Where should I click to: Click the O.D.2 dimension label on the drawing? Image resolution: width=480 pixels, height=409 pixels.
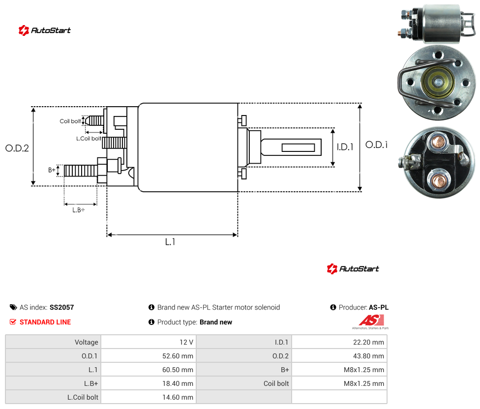point(17,148)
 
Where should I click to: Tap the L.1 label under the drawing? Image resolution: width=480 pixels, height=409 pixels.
point(170,242)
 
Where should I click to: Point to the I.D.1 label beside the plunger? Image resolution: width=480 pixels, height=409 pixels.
point(345,147)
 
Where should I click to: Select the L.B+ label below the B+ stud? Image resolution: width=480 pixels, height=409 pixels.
point(79,210)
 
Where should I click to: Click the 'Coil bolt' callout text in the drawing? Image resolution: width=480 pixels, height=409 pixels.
point(70,121)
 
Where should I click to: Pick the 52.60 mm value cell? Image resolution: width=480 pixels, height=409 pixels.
point(178,356)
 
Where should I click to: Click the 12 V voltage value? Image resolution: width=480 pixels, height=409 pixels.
point(186,342)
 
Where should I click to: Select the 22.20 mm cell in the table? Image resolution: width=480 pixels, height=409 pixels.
point(368,342)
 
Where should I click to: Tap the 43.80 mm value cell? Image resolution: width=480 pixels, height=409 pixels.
point(368,356)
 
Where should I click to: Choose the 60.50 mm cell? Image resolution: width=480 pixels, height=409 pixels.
point(178,370)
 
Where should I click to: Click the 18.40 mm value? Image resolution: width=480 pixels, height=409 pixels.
point(178,383)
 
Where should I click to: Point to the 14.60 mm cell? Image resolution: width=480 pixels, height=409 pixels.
point(178,397)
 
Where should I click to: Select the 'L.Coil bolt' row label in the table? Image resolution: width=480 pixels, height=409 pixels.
point(83,397)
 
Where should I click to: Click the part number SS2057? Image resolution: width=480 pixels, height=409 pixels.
point(62,307)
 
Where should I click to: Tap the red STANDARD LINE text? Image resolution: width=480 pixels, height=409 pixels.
point(45,322)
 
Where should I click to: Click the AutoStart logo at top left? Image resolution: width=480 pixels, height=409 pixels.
point(44,30)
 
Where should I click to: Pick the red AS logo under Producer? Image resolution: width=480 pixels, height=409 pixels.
point(371,321)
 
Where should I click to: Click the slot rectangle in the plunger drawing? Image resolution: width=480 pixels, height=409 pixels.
point(298,148)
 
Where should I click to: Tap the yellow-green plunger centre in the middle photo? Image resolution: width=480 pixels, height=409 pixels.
point(438,82)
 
